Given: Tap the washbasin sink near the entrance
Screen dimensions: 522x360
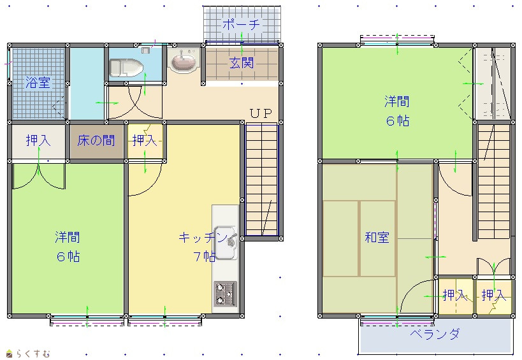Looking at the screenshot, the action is pyautogui.click(x=183, y=61).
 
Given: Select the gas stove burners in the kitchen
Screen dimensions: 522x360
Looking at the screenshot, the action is pyautogui.click(x=225, y=294).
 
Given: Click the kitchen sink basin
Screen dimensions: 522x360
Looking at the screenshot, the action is pyautogui.click(x=226, y=243).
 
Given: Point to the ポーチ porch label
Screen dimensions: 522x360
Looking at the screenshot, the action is pyautogui.click(x=241, y=25).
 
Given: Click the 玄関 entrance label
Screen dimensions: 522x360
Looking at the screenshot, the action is pyautogui.click(x=242, y=63).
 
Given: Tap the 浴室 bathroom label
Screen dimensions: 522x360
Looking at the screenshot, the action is pyautogui.click(x=38, y=82).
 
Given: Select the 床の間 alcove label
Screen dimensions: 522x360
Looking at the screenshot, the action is pyautogui.click(x=96, y=141).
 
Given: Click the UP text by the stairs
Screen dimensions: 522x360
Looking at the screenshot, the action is pyautogui.click(x=261, y=113).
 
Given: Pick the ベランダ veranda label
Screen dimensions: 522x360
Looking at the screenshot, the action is pyautogui.click(x=435, y=333).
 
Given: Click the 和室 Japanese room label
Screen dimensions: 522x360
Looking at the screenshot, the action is pyautogui.click(x=377, y=238).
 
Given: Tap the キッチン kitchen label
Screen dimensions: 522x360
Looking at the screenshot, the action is pyautogui.click(x=203, y=238).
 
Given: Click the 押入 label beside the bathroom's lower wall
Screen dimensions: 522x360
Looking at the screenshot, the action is pyautogui.click(x=38, y=140).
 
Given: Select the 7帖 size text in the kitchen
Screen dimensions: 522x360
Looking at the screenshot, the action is pyautogui.click(x=205, y=257).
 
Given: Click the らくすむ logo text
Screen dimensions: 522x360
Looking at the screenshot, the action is pyautogui.click(x=33, y=353).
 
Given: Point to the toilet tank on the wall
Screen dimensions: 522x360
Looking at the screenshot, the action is pyautogui.click(x=145, y=50).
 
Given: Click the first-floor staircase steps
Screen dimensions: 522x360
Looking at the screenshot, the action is pyautogui.click(x=262, y=179).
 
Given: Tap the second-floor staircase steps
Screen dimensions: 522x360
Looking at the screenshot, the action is pyautogui.click(x=494, y=182).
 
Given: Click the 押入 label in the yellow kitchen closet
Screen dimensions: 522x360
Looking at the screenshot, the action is pyautogui.click(x=145, y=140).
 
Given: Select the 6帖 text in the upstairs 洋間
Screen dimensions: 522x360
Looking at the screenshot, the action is pyautogui.click(x=398, y=121).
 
